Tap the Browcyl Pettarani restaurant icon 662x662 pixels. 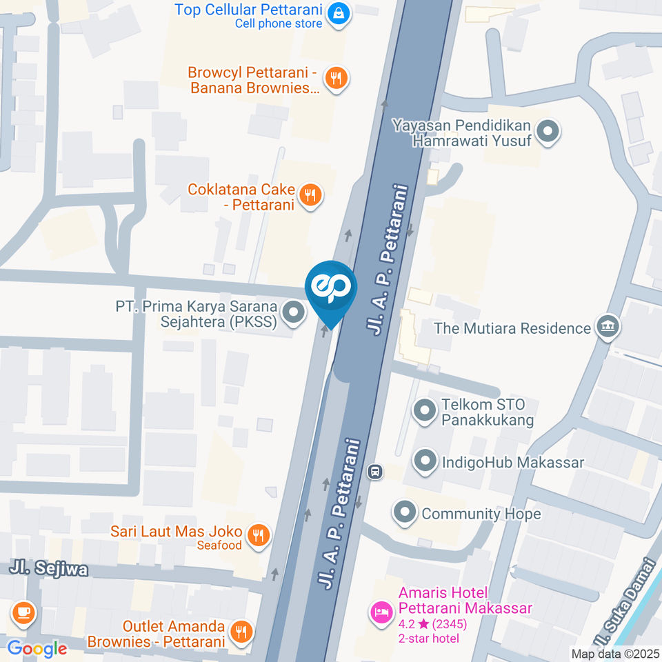coord(336,78)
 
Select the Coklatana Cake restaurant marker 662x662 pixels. coord(311,194)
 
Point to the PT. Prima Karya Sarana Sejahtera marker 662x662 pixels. coord(294,313)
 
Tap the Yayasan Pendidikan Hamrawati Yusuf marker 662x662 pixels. coord(548,132)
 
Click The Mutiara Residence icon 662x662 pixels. coord(608,328)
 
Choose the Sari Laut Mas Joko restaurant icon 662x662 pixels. coord(259,534)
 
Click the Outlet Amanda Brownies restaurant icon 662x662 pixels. coord(241,630)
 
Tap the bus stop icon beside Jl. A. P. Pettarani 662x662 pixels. coord(375,472)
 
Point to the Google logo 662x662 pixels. coord(37,648)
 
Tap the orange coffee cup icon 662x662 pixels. coord(23,612)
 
